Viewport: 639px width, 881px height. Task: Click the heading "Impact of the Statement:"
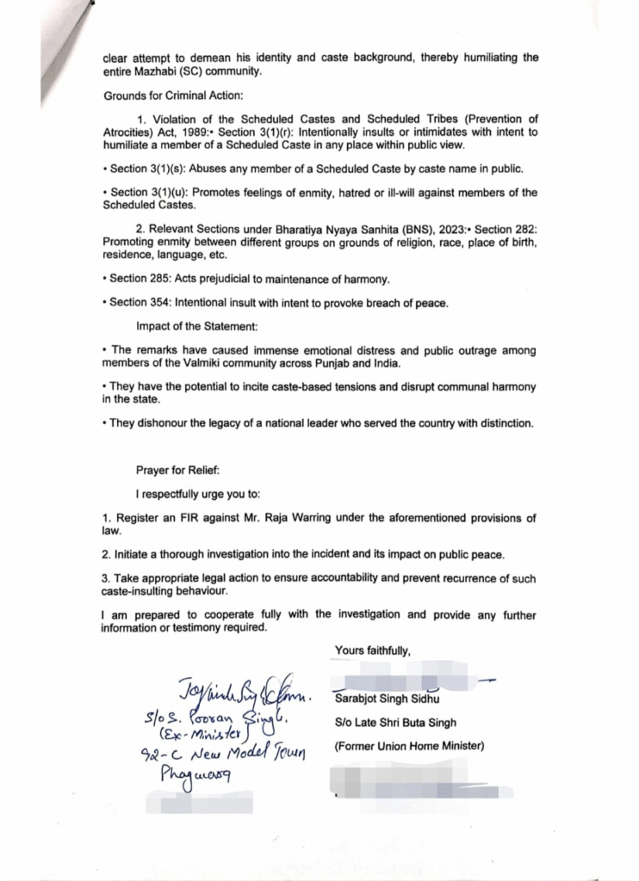[196, 327]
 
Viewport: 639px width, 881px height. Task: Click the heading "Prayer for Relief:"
[177, 471]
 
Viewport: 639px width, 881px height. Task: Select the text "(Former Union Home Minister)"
[408, 746]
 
